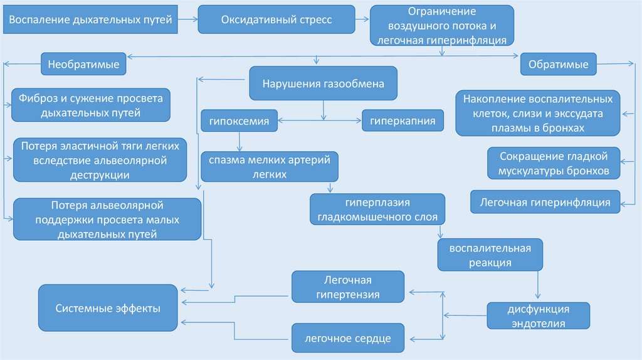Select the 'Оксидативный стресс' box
(276, 20)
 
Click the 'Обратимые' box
(558, 64)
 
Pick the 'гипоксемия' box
(239, 121)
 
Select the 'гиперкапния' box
(403, 120)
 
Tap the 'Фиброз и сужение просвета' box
(91, 105)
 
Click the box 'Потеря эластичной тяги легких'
(100, 161)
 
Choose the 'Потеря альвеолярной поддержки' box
(107, 220)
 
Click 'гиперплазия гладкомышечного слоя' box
(377, 210)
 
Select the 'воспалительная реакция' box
(490, 255)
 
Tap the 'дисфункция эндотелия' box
(538, 317)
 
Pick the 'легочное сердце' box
(347, 338)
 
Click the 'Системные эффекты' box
(107, 308)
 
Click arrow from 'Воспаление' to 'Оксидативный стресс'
(186, 20)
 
